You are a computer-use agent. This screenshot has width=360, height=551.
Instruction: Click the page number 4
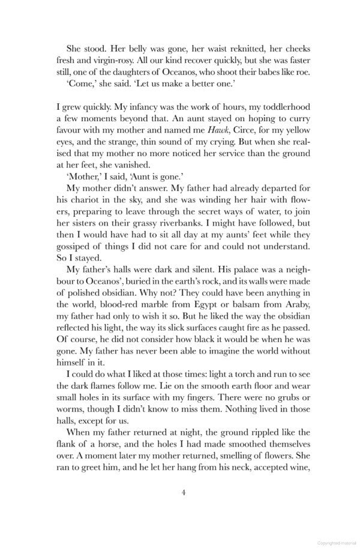click(x=183, y=492)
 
